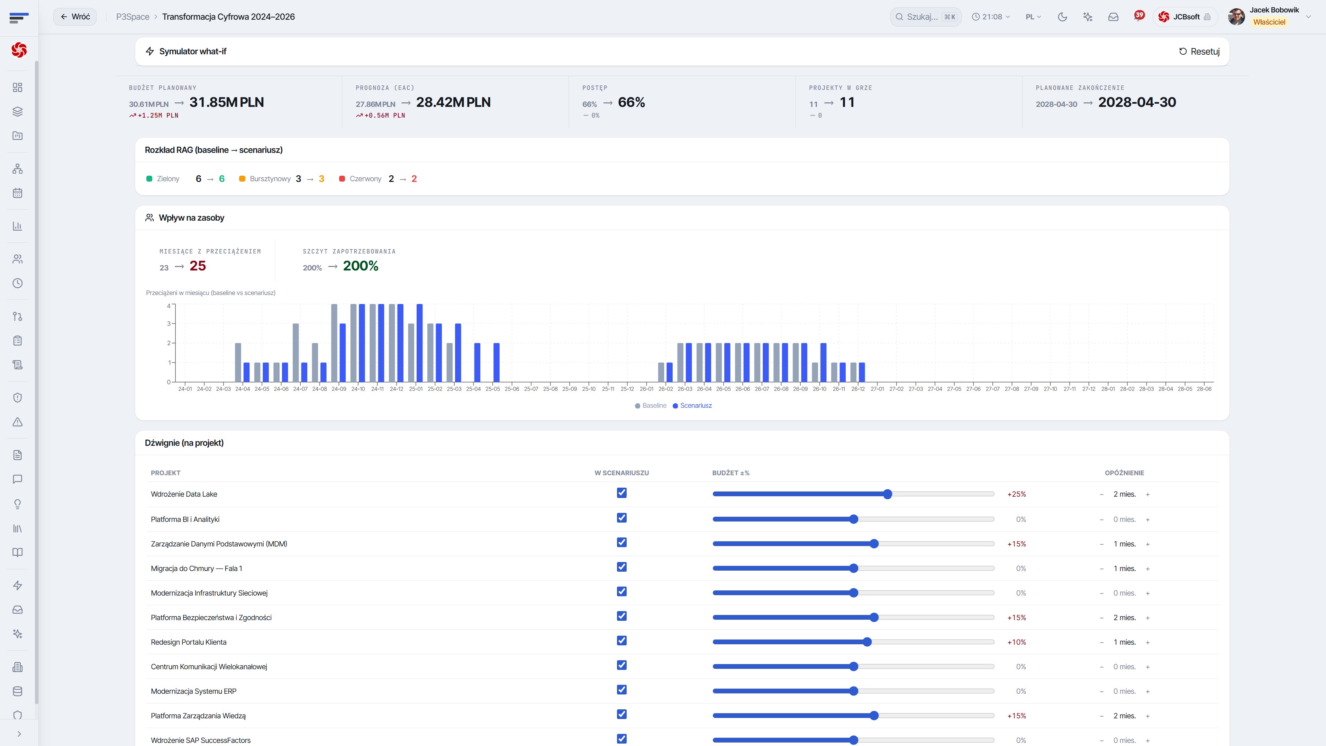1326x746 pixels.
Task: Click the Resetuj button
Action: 1199,52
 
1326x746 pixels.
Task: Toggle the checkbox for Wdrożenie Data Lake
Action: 622,493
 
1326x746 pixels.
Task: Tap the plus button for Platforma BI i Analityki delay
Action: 1147,519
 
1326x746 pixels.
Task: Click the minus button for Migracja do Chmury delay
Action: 1101,569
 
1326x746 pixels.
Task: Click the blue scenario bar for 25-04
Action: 477,362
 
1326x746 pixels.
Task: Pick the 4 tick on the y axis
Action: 168,306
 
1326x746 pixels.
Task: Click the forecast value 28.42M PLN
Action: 453,102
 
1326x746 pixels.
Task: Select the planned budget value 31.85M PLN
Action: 227,102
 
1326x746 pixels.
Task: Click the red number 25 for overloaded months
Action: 198,266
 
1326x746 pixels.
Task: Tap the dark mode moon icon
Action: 1062,17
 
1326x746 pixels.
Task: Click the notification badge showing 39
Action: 1139,15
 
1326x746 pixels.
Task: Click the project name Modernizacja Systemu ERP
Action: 193,691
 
